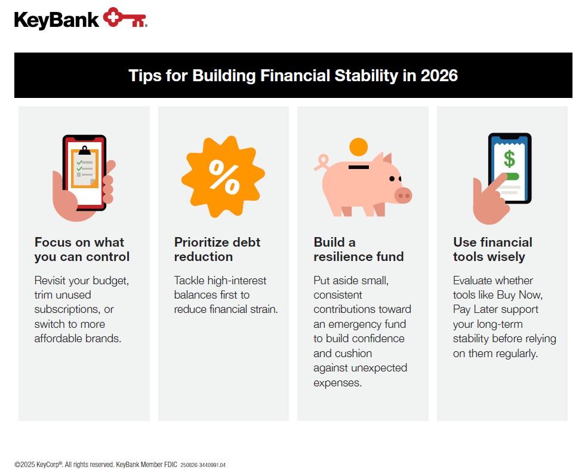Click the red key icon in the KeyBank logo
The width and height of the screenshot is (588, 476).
[124, 18]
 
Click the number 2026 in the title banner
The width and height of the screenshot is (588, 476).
[439, 76]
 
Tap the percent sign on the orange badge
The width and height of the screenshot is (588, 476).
[223, 177]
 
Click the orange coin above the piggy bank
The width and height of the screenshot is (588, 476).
[358, 147]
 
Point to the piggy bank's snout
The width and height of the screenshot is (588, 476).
[403, 195]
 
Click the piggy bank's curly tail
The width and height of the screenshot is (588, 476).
[322, 162]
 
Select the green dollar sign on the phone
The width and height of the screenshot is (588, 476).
[509, 159]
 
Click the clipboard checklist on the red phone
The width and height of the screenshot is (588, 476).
[84, 167]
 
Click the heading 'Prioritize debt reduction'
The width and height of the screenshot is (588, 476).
[217, 250]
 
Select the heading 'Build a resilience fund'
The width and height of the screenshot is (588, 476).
[358, 250]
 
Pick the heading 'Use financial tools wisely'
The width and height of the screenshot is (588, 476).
[492, 250]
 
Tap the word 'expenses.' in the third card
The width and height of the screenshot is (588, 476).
[337, 383]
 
